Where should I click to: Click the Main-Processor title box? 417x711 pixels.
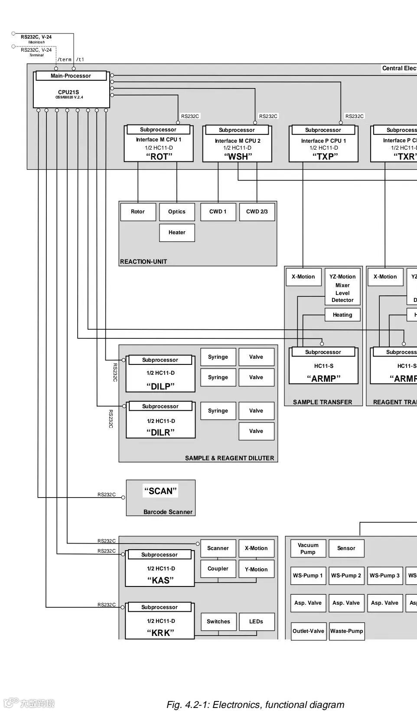(x=71, y=76)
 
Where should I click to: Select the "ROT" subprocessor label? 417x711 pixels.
(x=159, y=157)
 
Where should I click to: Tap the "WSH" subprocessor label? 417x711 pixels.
(x=238, y=157)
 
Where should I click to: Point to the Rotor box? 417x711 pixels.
(x=138, y=212)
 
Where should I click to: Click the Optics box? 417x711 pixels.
(x=177, y=212)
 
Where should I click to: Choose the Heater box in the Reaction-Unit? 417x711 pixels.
(x=177, y=233)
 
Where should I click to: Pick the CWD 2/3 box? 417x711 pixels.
(x=257, y=212)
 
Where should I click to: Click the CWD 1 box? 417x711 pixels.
(x=218, y=212)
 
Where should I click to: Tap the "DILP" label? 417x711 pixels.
(x=160, y=386)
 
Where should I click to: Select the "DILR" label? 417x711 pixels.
(x=160, y=432)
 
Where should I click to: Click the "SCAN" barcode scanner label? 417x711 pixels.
(x=160, y=491)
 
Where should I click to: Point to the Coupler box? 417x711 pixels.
(x=218, y=569)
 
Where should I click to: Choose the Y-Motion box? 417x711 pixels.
(x=256, y=569)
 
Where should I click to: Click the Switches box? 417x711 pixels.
(x=218, y=622)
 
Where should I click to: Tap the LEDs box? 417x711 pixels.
(x=256, y=622)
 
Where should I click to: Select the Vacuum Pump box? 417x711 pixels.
(x=308, y=548)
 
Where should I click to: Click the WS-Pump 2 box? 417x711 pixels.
(x=346, y=576)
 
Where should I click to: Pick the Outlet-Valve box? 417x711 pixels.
(x=308, y=631)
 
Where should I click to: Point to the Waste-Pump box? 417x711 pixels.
(x=347, y=631)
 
